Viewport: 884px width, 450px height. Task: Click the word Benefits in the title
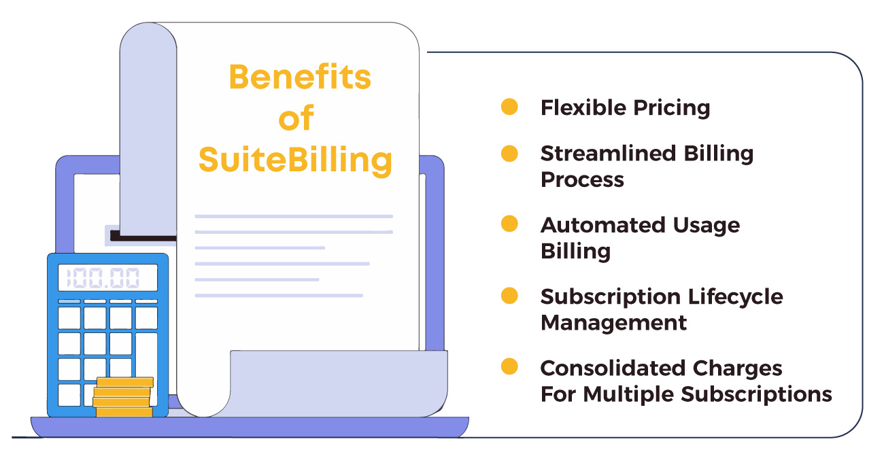point(299,77)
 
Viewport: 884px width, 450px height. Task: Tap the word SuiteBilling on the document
point(295,160)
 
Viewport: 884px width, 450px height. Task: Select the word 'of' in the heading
point(296,119)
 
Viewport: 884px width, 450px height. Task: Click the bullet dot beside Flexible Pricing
point(509,107)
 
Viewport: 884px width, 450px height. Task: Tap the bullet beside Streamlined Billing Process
point(509,153)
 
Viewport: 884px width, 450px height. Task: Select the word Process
point(582,179)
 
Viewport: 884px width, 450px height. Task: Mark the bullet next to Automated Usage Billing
point(509,224)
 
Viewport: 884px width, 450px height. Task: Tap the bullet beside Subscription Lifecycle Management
point(509,296)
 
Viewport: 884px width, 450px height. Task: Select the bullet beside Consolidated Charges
point(509,367)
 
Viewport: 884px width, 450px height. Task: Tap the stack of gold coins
point(123,397)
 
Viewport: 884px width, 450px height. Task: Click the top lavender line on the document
point(294,216)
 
